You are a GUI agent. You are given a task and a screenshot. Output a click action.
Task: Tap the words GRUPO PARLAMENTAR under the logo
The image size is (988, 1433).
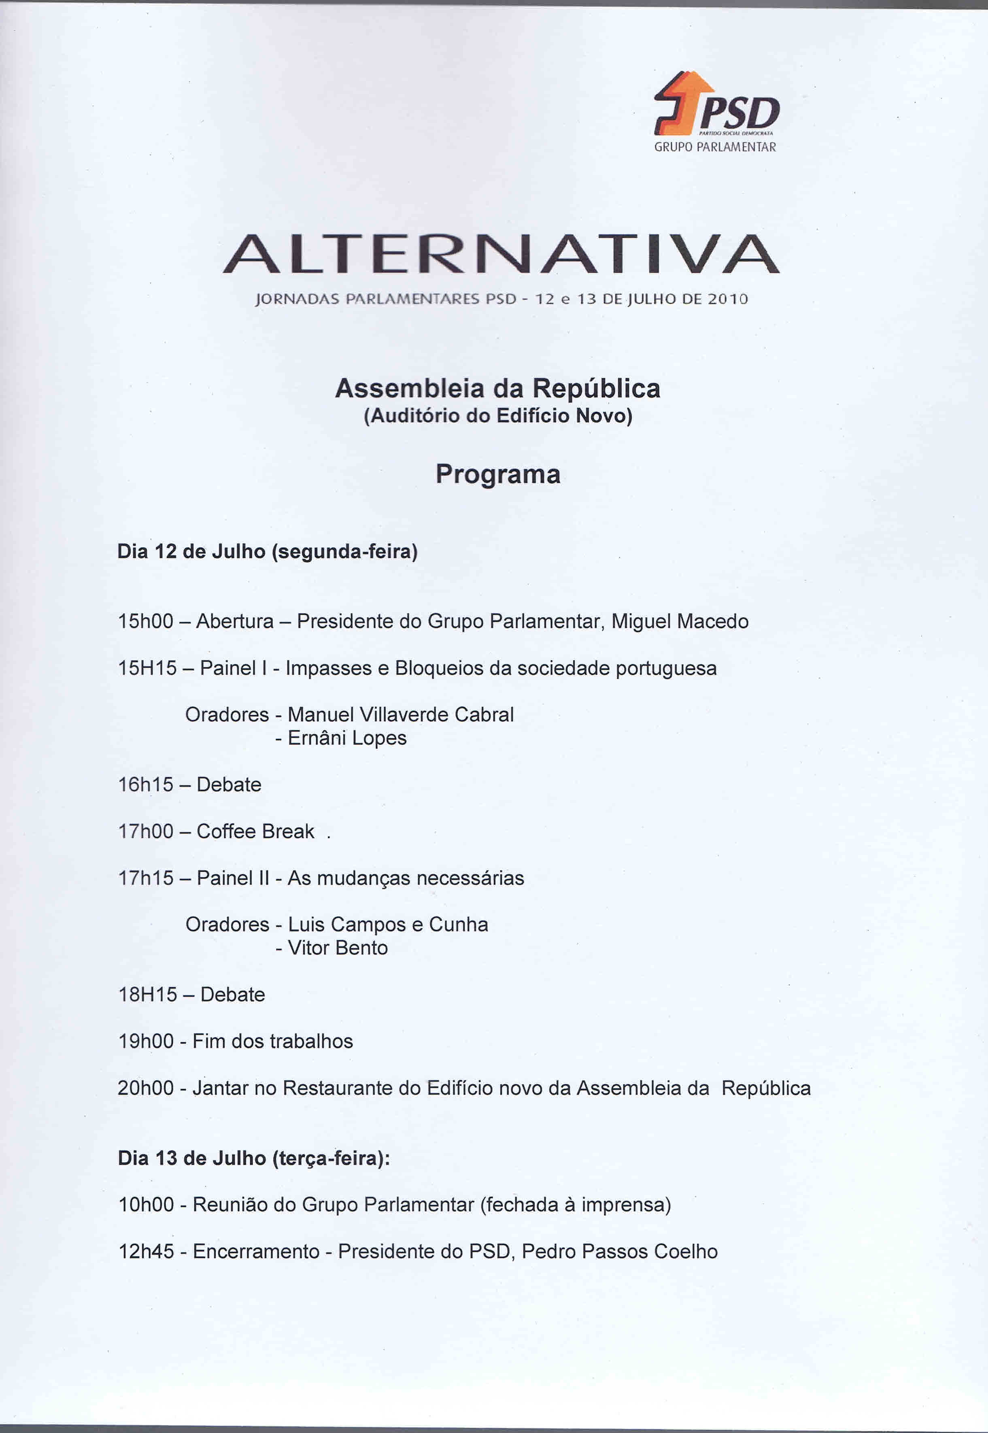pyautogui.click(x=715, y=147)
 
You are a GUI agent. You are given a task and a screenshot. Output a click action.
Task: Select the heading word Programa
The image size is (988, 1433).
pyautogui.click(x=498, y=474)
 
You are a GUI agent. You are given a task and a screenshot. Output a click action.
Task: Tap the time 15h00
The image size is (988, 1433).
pyautogui.click(x=145, y=621)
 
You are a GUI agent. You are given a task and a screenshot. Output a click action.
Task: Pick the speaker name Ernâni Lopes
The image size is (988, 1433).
pyautogui.click(x=346, y=738)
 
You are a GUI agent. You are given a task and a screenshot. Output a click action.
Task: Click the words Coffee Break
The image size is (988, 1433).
pyautogui.click(x=255, y=831)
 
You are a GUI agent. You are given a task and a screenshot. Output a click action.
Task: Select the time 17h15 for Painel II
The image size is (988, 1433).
pyautogui.click(x=145, y=878)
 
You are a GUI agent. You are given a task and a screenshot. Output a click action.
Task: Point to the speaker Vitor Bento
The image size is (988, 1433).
pyautogui.click(x=338, y=948)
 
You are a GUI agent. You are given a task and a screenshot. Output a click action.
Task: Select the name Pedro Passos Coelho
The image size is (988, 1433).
pyautogui.click(x=619, y=1252)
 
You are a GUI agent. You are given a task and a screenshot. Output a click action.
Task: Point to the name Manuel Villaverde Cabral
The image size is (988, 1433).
pyautogui.click(x=401, y=715)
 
